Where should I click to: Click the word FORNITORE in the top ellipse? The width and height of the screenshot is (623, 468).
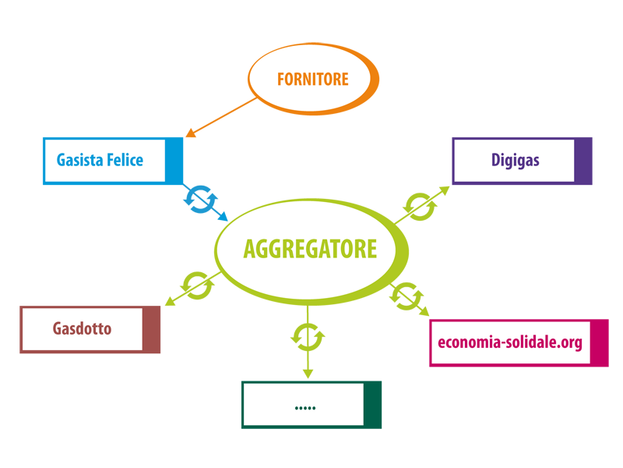(x=312, y=79)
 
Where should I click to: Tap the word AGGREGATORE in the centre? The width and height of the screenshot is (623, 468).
(x=309, y=249)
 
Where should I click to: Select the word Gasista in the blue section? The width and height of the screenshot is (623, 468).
(x=78, y=160)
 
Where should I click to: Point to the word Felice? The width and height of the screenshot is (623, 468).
(x=125, y=160)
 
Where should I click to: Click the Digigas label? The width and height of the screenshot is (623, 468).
(x=515, y=161)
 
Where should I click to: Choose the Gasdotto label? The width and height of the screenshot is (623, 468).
(x=82, y=328)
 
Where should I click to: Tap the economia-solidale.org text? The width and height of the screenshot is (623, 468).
(x=510, y=342)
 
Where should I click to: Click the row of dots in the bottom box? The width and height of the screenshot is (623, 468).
(x=305, y=406)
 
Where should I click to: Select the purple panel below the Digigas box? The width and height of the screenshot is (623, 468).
(x=514, y=218)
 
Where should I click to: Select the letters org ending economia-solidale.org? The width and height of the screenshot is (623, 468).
(x=572, y=342)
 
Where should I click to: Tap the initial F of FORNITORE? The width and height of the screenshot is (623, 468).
(x=281, y=79)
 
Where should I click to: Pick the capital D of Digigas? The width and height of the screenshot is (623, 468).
(x=495, y=161)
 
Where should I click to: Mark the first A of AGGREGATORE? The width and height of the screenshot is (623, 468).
(x=249, y=249)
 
